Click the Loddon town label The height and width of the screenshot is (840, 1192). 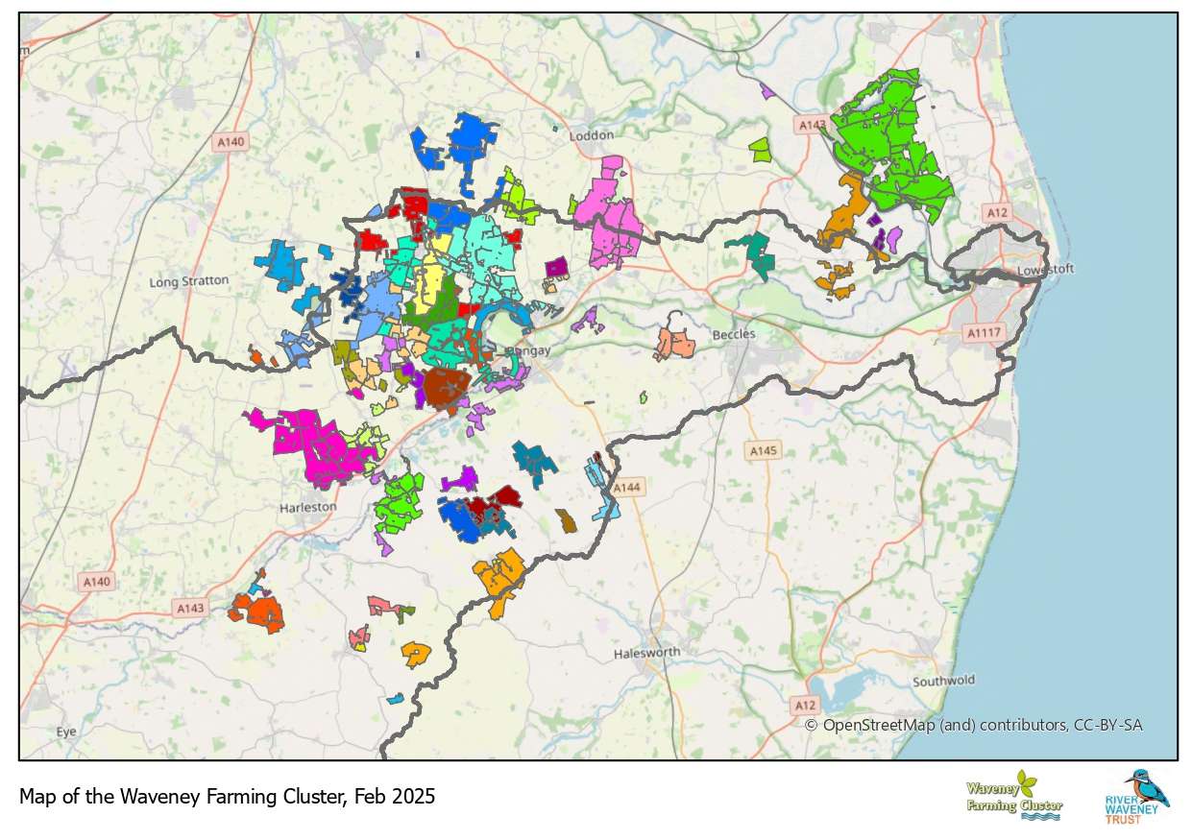[591, 135]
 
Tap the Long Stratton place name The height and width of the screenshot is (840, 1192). [189, 281]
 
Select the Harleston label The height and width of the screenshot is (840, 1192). [307, 506]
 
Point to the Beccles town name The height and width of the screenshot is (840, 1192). [734, 334]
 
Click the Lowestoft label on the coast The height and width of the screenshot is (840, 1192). [1045, 270]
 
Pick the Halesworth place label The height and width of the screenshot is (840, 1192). [646, 653]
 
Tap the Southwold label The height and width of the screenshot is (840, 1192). [943, 681]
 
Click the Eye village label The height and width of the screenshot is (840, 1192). [65, 732]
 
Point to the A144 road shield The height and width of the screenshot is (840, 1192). [626, 488]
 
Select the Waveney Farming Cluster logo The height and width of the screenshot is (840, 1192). [1013, 796]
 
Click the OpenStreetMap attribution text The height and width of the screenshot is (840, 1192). [973, 725]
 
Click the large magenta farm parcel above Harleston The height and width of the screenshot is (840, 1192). [307, 442]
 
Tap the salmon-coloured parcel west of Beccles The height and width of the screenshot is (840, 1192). [676, 341]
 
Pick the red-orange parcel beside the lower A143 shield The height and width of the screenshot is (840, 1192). [259, 612]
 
